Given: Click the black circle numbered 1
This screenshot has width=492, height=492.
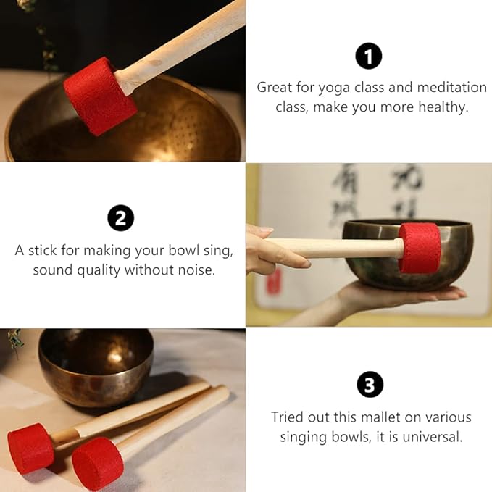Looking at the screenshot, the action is [x=369, y=57].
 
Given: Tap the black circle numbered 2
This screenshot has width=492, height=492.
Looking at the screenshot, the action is [x=121, y=218].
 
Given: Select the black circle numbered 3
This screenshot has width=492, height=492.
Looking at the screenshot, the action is [x=370, y=384].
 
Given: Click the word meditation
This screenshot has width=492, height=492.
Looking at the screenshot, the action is [x=452, y=87].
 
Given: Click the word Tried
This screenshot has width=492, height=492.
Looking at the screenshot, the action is [x=288, y=417].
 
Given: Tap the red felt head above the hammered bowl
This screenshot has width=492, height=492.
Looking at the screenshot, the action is [x=100, y=96].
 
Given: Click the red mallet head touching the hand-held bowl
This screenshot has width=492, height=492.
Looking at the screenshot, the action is [x=420, y=248].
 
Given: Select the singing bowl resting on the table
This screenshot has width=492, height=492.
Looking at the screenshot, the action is [x=96, y=367].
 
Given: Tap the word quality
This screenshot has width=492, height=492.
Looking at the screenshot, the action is [x=99, y=271].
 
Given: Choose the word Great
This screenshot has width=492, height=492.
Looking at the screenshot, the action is [x=274, y=88].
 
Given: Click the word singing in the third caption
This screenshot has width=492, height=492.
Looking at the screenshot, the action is [x=304, y=438].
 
